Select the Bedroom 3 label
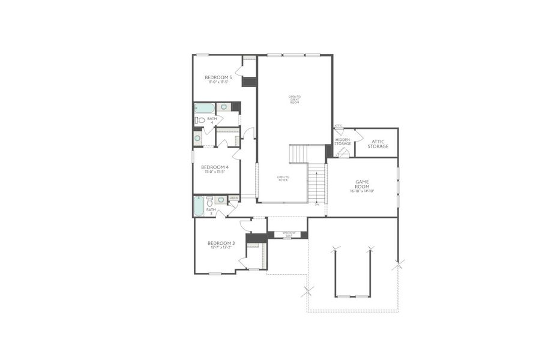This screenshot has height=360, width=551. tap(221, 242)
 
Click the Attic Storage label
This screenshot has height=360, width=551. tap(378, 144)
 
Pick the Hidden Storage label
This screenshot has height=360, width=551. tap(343, 142)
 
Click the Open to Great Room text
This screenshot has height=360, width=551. tap(294, 100)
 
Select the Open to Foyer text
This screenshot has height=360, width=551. tap(283, 178)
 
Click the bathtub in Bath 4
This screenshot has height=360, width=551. tap(205, 108)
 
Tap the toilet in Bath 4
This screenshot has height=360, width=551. tap(200, 120)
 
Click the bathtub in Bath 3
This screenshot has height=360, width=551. tap(199, 206)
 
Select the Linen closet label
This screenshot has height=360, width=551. tap(233, 197)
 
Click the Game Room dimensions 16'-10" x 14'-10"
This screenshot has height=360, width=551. tap(362, 191)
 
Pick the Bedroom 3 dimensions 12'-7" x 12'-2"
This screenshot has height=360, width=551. tap(221, 247)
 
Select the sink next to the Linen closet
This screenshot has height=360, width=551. tap(221, 200)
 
